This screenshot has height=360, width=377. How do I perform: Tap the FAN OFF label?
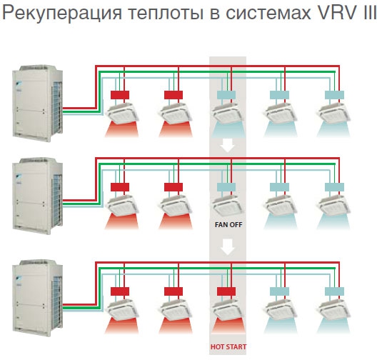tap(228, 224)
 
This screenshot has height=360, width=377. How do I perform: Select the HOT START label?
tap(228, 346)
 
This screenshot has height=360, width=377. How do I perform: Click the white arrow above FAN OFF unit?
tap(228, 145)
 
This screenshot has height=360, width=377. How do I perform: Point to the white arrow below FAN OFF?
tap(228, 247)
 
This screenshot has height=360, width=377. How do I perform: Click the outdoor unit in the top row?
tap(38, 103)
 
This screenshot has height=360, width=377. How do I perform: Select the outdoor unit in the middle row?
tap(38, 196)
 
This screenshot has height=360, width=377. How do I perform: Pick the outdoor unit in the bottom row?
tap(38, 298)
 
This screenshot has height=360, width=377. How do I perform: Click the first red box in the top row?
tap(120, 95)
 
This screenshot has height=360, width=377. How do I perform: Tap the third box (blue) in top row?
tap(226, 95)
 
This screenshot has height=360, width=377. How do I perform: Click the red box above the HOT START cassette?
tap(226, 291)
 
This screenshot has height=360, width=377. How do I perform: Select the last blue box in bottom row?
tap(334, 291)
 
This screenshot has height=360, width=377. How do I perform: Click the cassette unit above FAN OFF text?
tap(228, 206)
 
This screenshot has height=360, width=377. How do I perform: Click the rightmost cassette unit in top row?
tap(334, 114)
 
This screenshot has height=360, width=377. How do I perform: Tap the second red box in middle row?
tap(174, 187)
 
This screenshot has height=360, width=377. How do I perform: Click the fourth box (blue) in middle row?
tap(279, 187)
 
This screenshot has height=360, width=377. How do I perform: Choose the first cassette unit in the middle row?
tap(123, 206)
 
